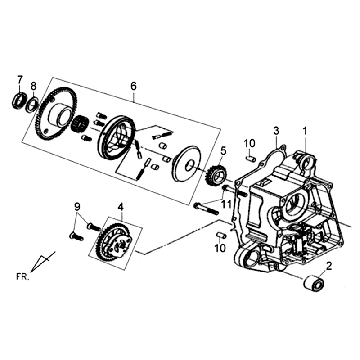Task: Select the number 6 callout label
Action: point(132,86)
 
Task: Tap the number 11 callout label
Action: point(227,204)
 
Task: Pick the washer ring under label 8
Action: point(34,103)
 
